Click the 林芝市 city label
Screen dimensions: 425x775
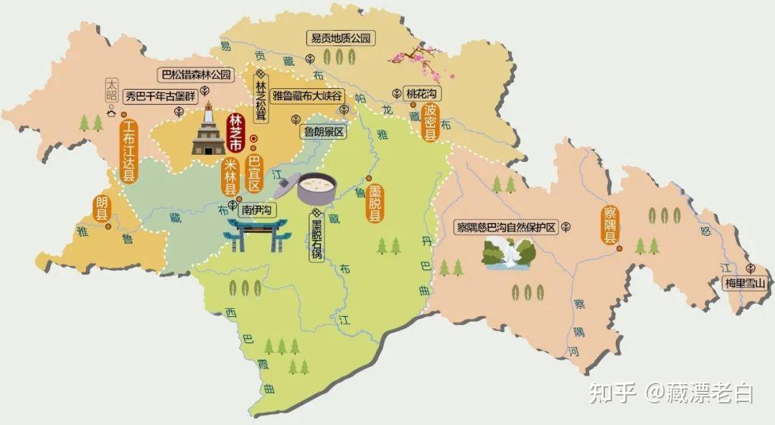pyautogui.click(x=235, y=132)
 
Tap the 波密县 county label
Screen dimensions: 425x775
pyautogui.click(x=431, y=123)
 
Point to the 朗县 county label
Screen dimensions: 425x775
pyautogui.click(x=103, y=208)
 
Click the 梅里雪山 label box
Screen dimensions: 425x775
pyautogui.click(x=745, y=284)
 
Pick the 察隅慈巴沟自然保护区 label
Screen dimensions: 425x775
pyautogui.click(x=507, y=228)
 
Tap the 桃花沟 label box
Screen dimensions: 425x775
pyautogui.click(x=422, y=94)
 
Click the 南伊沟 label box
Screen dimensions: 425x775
pyautogui.click(x=257, y=211)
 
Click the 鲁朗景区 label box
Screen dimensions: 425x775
pyautogui.click(x=324, y=132)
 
